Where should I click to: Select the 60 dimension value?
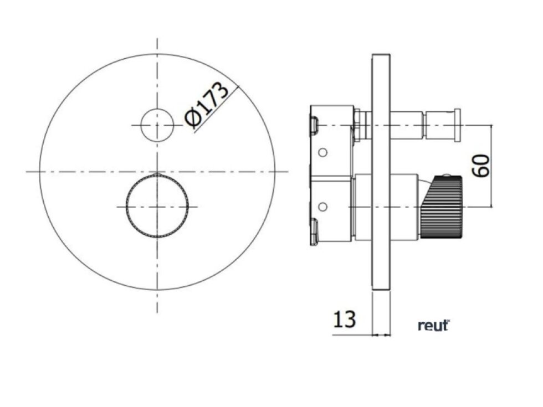pos(483,166)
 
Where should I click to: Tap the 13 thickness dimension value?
pos(344,320)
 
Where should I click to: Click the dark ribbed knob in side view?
pos(442,207)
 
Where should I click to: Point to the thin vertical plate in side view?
pos(381,172)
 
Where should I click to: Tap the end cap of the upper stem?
pos(458,125)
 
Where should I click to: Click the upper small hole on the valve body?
pos(322,152)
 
